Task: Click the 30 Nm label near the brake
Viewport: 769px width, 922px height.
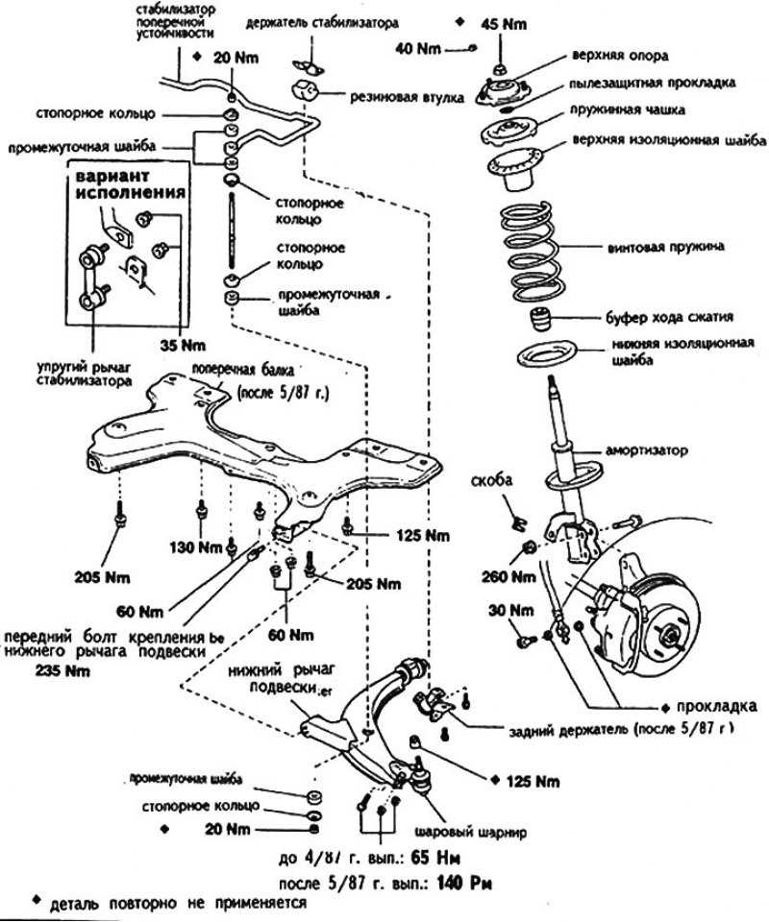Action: tap(509, 610)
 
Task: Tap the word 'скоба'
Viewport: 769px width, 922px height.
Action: tap(492, 479)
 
